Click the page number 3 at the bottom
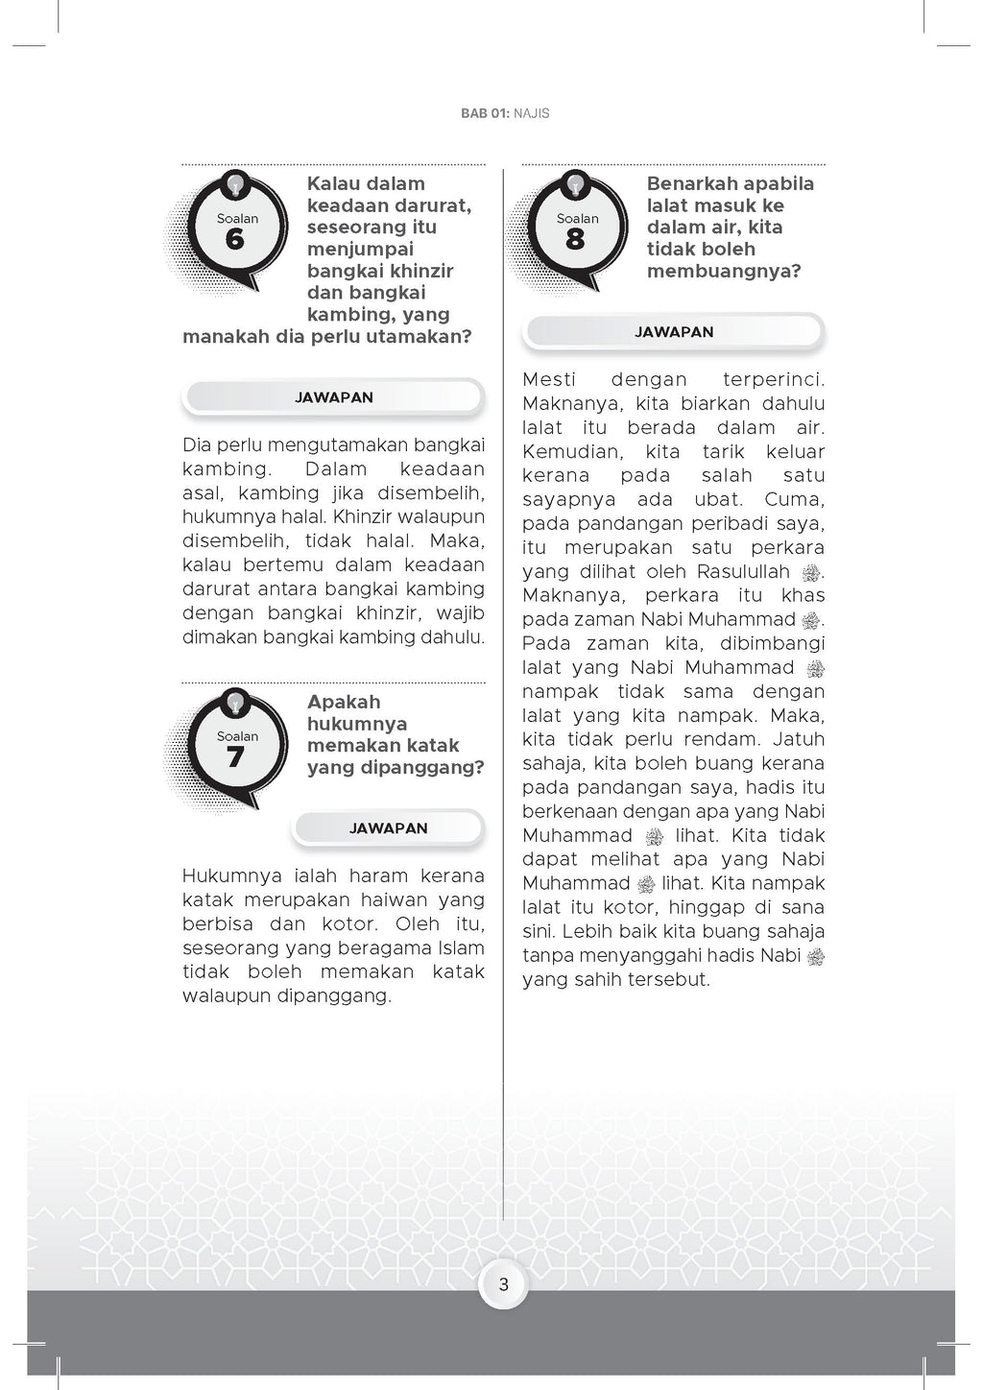point(504,1284)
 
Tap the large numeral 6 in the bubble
point(235,239)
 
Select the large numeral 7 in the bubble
point(235,757)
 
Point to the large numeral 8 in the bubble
point(575,239)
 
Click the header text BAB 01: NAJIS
point(505,113)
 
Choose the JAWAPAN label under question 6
point(334,397)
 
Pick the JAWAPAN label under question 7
point(389,828)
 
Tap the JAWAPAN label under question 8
point(674,332)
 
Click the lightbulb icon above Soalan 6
point(235,182)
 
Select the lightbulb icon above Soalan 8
point(575,182)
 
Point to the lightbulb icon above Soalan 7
point(235,702)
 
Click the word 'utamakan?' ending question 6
point(424,337)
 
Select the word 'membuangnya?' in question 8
point(724,272)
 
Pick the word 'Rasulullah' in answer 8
point(743,572)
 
